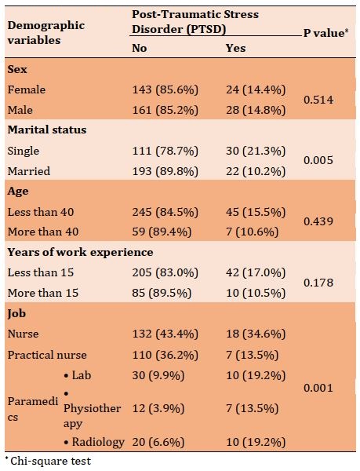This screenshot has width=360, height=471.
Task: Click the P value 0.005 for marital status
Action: [x=318, y=160]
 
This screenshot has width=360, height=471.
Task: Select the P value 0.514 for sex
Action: [x=318, y=100]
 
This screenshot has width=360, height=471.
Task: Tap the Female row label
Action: [x=27, y=89]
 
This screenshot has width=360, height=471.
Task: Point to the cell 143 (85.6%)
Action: [x=165, y=89]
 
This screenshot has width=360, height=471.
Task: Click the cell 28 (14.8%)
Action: [x=256, y=110]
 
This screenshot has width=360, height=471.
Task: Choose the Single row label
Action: [x=23, y=151]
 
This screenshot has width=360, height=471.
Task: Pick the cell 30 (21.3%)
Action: [x=256, y=151]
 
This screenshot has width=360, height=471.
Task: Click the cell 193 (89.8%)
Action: [x=165, y=171]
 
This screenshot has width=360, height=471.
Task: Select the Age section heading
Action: [x=18, y=192]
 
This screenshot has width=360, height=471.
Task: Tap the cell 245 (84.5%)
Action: [x=165, y=212]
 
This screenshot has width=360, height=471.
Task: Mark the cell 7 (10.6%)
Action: [x=253, y=232]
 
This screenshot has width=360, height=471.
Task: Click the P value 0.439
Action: [x=318, y=221]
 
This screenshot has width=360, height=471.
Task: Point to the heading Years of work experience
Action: [x=80, y=252]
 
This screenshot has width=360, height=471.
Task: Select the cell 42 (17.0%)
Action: [x=256, y=272]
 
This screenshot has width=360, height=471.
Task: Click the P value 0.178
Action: [x=318, y=283]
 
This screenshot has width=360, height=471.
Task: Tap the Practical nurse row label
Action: [x=47, y=355]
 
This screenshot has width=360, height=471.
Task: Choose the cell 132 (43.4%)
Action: [x=165, y=334]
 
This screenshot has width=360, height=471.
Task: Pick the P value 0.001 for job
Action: [x=318, y=388]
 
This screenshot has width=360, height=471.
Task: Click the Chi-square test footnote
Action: [x=48, y=461]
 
